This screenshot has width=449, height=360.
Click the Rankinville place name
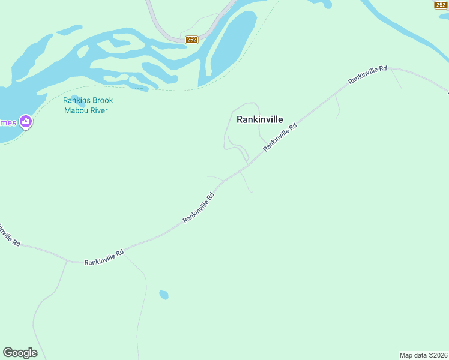(x=259, y=119)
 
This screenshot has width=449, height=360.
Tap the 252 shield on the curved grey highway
(x=191, y=40)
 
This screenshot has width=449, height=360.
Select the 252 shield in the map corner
(x=441, y=5)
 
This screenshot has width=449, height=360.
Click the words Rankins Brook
(x=88, y=101)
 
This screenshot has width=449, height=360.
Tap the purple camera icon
(x=25, y=122)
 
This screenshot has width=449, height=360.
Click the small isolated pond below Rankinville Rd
(x=163, y=295)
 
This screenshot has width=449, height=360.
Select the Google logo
(x=20, y=353)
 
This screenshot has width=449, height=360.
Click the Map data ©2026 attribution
(x=423, y=355)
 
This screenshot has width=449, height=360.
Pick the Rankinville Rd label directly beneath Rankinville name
(x=280, y=138)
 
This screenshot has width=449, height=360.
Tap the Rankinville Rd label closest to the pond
(x=104, y=257)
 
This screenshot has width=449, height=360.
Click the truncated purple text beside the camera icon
(x=8, y=122)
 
